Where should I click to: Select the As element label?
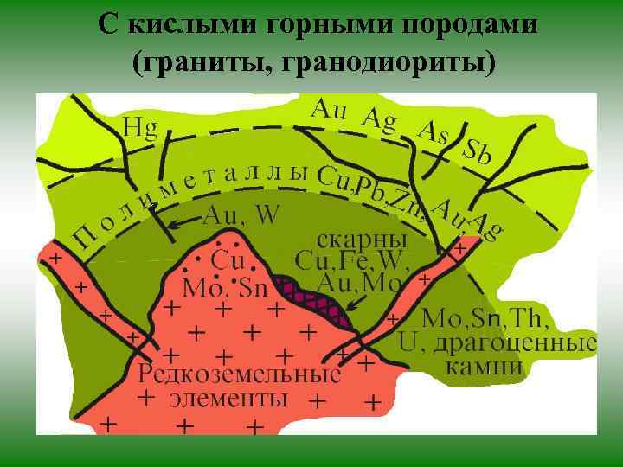434,132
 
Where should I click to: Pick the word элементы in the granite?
228,399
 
